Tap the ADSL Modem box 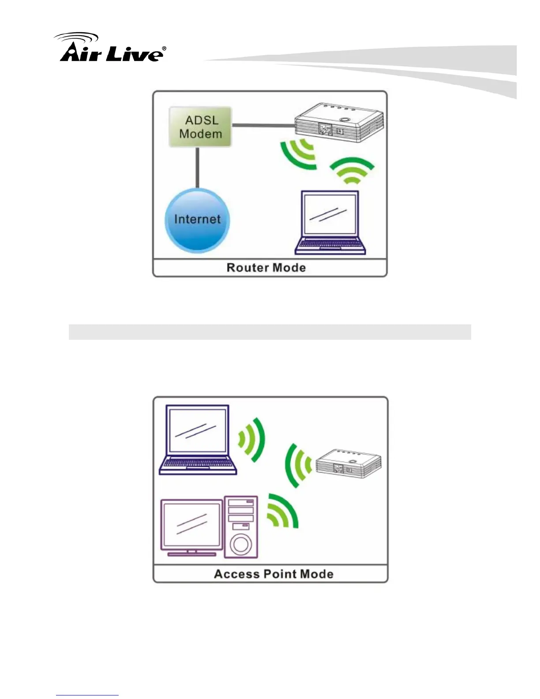tap(200, 127)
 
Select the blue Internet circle tap(197, 220)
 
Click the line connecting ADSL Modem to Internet tap(197, 168)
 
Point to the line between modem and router tap(263, 126)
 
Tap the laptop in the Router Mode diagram tap(330, 222)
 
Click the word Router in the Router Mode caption tap(247, 268)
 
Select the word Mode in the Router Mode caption tap(289, 268)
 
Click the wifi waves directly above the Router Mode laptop tap(352, 170)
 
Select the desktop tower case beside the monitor tap(241, 526)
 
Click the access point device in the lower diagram tap(349, 463)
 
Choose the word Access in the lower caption tap(237, 574)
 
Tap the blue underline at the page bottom tap(87, 695)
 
